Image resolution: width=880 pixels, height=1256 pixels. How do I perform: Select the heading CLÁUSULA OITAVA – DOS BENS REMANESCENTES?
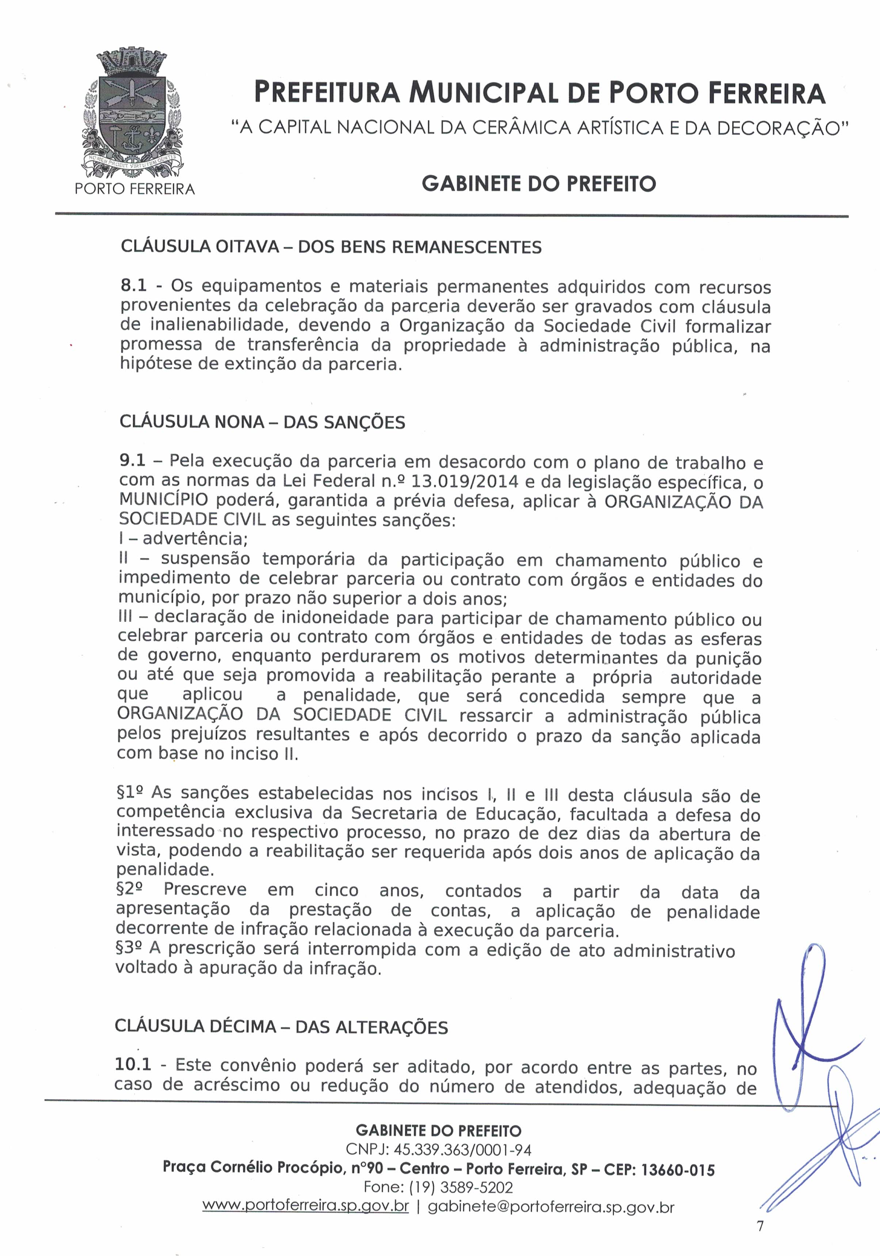tap(331, 247)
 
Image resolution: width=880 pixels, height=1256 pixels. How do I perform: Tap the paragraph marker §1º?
tap(130, 793)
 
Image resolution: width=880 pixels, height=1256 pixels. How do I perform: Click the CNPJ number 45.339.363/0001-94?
tap(462, 1149)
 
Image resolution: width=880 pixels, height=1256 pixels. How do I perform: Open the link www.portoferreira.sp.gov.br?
tap(305, 1207)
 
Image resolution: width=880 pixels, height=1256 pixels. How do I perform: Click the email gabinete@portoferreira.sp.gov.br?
tap(551, 1207)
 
